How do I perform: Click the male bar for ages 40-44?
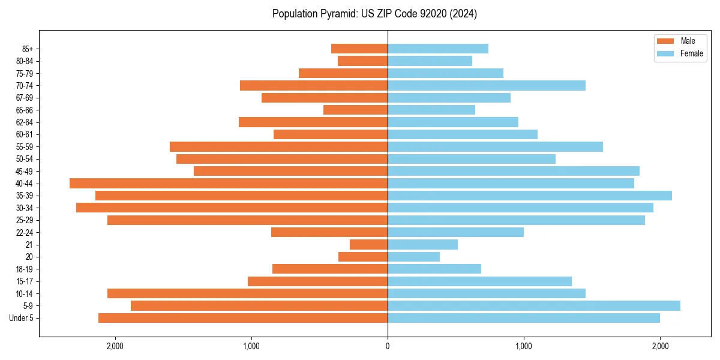(229, 184)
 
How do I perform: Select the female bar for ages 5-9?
(534, 306)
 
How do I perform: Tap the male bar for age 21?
(368, 245)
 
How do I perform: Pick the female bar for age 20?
(413, 257)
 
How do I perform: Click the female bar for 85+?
(438, 49)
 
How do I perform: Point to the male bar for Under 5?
(243, 318)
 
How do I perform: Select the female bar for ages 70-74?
(487, 86)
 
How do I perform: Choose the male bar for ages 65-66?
(355, 110)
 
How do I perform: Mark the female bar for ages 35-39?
(530, 196)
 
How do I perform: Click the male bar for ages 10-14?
(247, 293)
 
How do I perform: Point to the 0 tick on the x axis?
(388, 346)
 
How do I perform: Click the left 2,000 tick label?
(115, 346)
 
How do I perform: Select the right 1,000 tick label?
(524, 346)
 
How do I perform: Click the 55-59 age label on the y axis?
(24, 147)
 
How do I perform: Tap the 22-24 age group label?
(24, 233)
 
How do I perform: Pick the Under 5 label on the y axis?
(21, 318)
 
